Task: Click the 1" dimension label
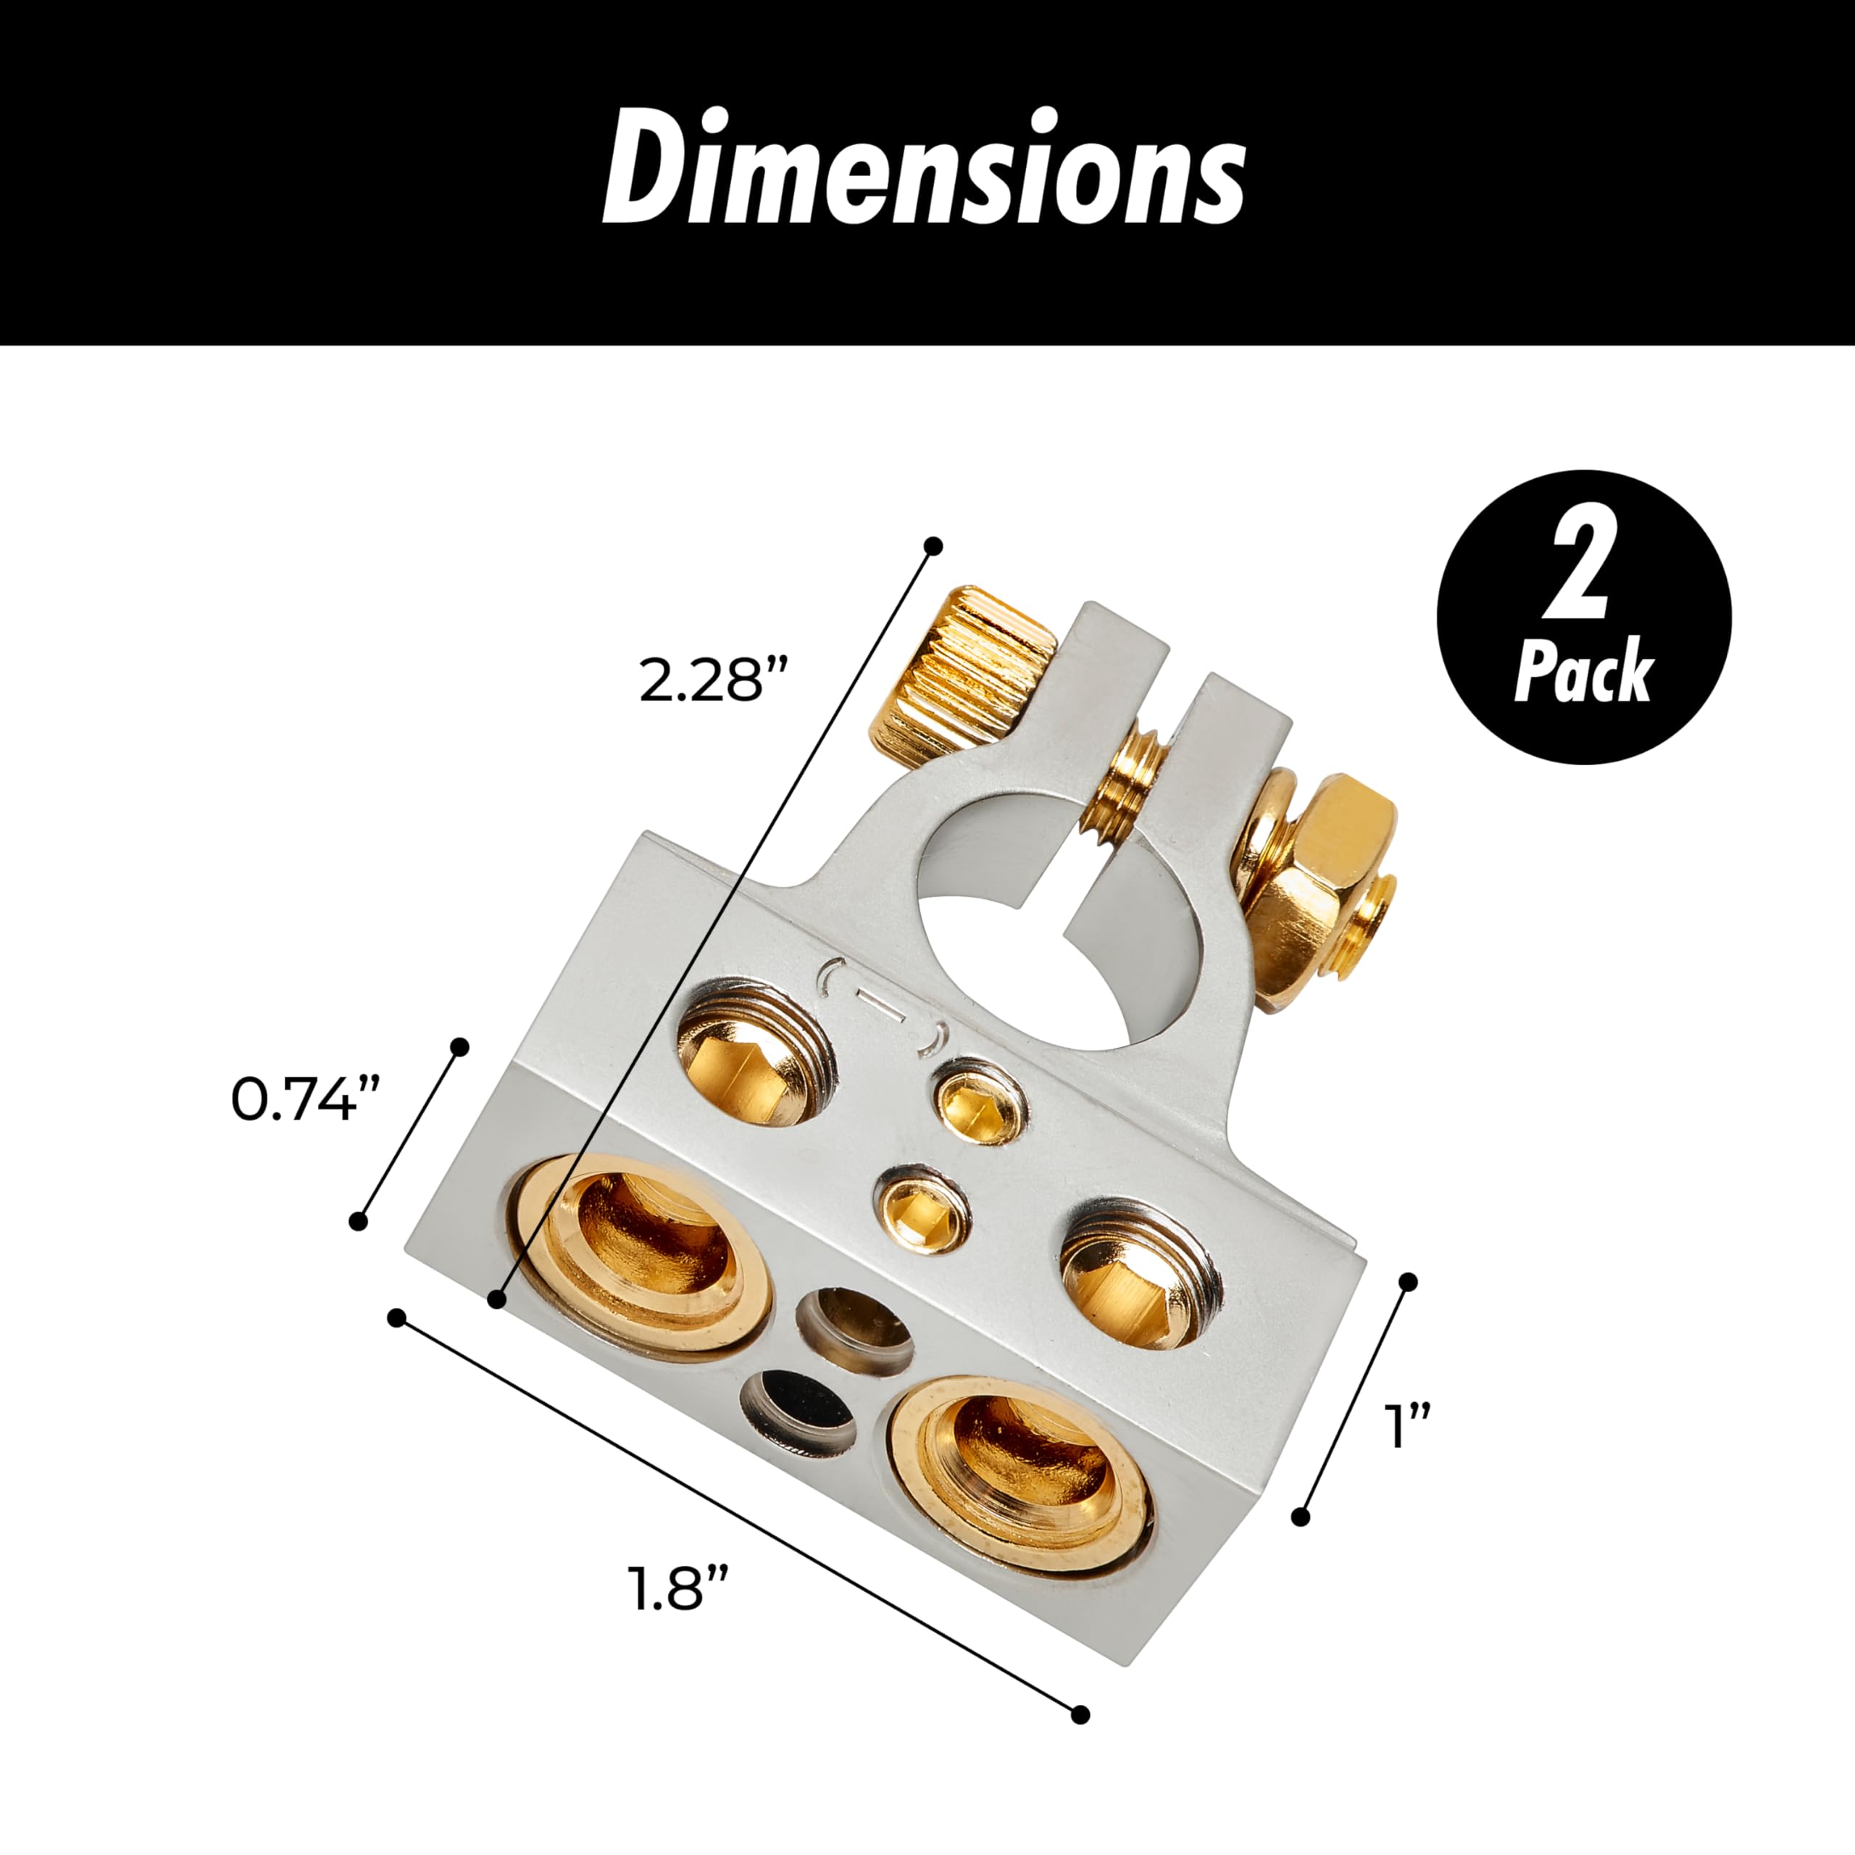pos(1408,1426)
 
